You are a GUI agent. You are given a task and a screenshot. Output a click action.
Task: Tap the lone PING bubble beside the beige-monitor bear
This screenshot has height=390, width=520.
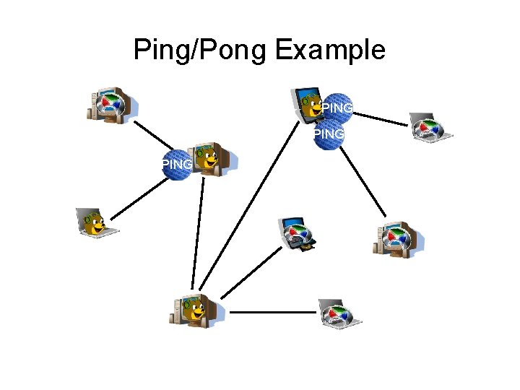click(178, 164)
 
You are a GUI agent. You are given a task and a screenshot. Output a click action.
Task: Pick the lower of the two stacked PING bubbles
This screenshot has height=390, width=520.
click(329, 134)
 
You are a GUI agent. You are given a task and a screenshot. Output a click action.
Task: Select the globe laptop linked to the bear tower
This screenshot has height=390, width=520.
click(340, 313)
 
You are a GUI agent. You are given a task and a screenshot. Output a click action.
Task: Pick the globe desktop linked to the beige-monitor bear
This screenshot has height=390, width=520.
click(111, 105)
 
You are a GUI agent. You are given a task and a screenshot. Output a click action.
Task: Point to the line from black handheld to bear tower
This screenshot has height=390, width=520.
click(251, 271)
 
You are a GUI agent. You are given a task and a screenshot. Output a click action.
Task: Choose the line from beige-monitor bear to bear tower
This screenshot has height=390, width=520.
click(199, 231)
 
